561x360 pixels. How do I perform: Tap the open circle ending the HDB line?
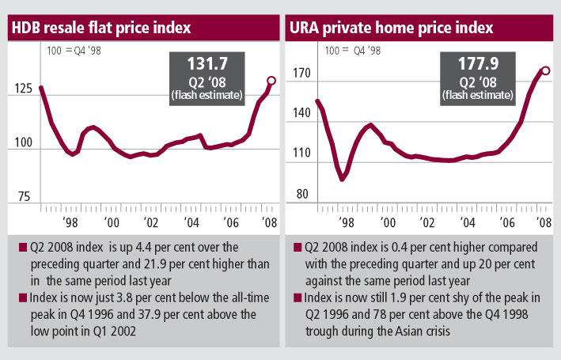(x=271, y=81)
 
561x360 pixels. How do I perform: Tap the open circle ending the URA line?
(x=545, y=70)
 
